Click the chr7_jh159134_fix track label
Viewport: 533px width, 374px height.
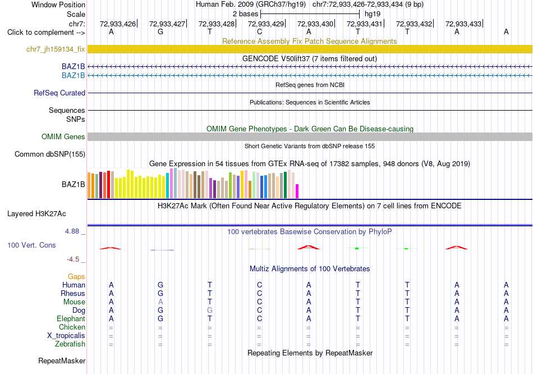56,49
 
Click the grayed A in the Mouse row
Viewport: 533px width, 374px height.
160,302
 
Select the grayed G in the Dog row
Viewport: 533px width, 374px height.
210,311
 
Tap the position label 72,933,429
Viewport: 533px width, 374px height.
266,24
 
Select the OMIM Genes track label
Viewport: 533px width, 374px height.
63,137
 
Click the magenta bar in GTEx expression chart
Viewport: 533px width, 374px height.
297,191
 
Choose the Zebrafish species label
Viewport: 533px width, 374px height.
70,344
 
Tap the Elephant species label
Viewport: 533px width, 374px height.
71,319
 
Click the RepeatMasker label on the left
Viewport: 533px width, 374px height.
62,361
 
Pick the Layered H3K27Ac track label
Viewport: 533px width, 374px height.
36,214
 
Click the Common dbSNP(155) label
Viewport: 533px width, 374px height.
50,154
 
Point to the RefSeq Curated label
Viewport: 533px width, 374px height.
59,93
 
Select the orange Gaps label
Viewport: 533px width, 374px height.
76,277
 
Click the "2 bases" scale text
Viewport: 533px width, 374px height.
245,14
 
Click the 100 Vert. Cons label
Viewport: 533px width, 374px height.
31,245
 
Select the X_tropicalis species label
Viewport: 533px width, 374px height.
66,336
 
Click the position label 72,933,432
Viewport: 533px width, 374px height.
414,24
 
